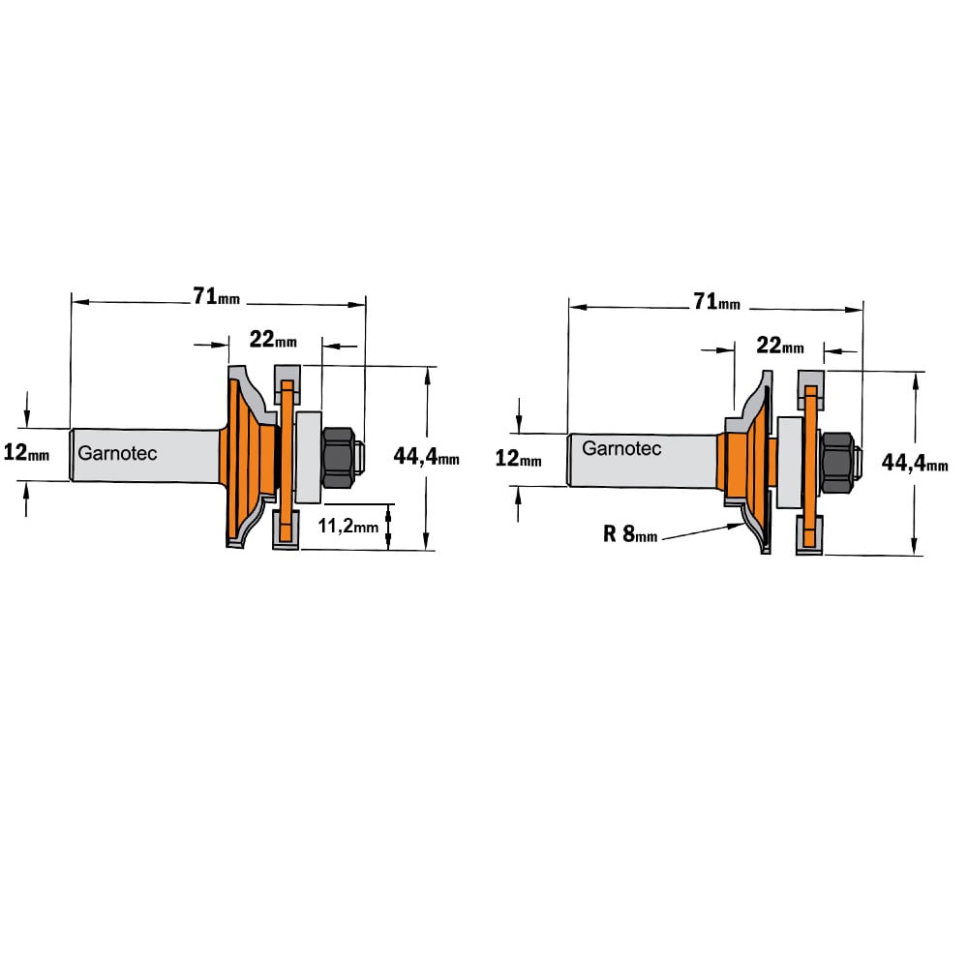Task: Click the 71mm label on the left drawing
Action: tap(216, 296)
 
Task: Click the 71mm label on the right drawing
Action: tap(716, 301)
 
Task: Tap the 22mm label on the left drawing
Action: tap(273, 339)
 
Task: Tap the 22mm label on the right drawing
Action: tap(780, 346)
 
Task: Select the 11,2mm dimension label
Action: tap(348, 526)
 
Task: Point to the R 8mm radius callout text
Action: tap(630, 533)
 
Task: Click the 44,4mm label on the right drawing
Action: tap(915, 463)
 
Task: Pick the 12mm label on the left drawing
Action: tap(26, 452)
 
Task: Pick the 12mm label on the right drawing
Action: tap(519, 458)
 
